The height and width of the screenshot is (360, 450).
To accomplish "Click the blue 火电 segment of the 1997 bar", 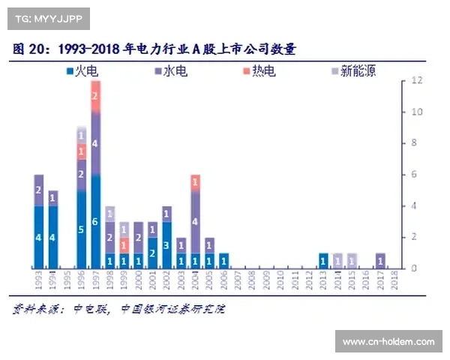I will click(95, 221).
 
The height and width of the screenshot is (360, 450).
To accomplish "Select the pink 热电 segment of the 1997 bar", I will click(95, 96).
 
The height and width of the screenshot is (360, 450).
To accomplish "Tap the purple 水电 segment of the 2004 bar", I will click(195, 222).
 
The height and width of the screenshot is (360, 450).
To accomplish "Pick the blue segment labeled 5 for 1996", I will click(81, 229).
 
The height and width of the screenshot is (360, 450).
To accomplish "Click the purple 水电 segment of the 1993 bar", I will click(38, 190).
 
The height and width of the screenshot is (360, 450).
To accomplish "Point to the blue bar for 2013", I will click(323, 260).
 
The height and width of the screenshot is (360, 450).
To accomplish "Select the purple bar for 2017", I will click(381, 260).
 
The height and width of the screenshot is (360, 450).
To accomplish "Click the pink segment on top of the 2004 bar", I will click(195, 182).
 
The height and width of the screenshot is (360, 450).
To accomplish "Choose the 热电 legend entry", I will click(259, 71).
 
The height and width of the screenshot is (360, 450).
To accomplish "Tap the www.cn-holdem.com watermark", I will click(388, 342).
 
